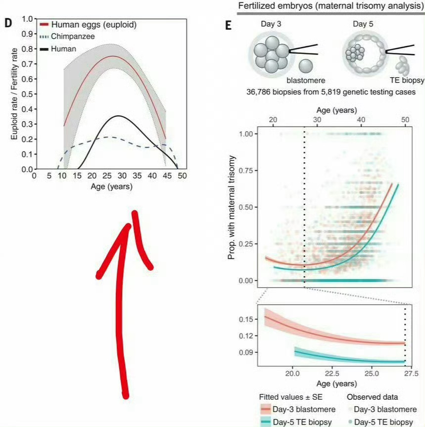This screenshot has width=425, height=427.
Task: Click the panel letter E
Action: pos(228,25)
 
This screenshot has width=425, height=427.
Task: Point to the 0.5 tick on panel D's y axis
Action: pos(27,94)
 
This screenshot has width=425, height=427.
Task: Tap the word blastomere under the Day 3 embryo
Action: pos(306,80)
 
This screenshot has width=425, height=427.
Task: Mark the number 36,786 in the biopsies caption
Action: pos(260,92)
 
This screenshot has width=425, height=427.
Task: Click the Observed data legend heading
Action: pos(371,397)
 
